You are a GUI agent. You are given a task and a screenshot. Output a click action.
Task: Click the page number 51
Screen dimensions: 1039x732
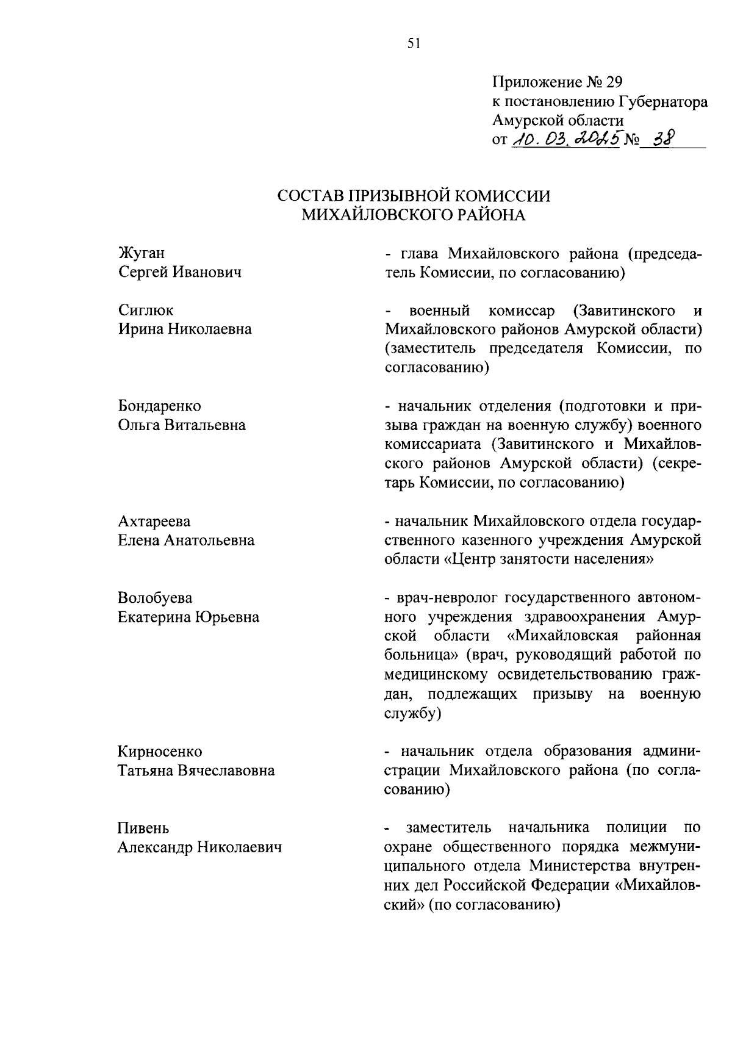(x=414, y=43)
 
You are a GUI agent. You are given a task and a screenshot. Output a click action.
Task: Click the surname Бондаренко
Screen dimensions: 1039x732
(x=159, y=406)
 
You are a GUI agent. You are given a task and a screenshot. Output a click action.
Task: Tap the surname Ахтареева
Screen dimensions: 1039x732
(x=154, y=522)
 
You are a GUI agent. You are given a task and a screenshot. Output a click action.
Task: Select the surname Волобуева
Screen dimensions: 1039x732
(x=155, y=598)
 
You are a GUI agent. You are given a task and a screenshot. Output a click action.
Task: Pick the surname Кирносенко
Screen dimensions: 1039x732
(x=160, y=752)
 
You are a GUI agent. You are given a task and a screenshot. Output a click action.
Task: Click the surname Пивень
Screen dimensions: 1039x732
(x=143, y=829)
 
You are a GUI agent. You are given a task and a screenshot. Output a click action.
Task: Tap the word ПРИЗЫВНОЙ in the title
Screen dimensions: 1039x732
(x=398, y=196)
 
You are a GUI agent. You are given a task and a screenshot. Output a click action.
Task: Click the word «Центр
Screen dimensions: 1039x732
(x=473, y=559)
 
